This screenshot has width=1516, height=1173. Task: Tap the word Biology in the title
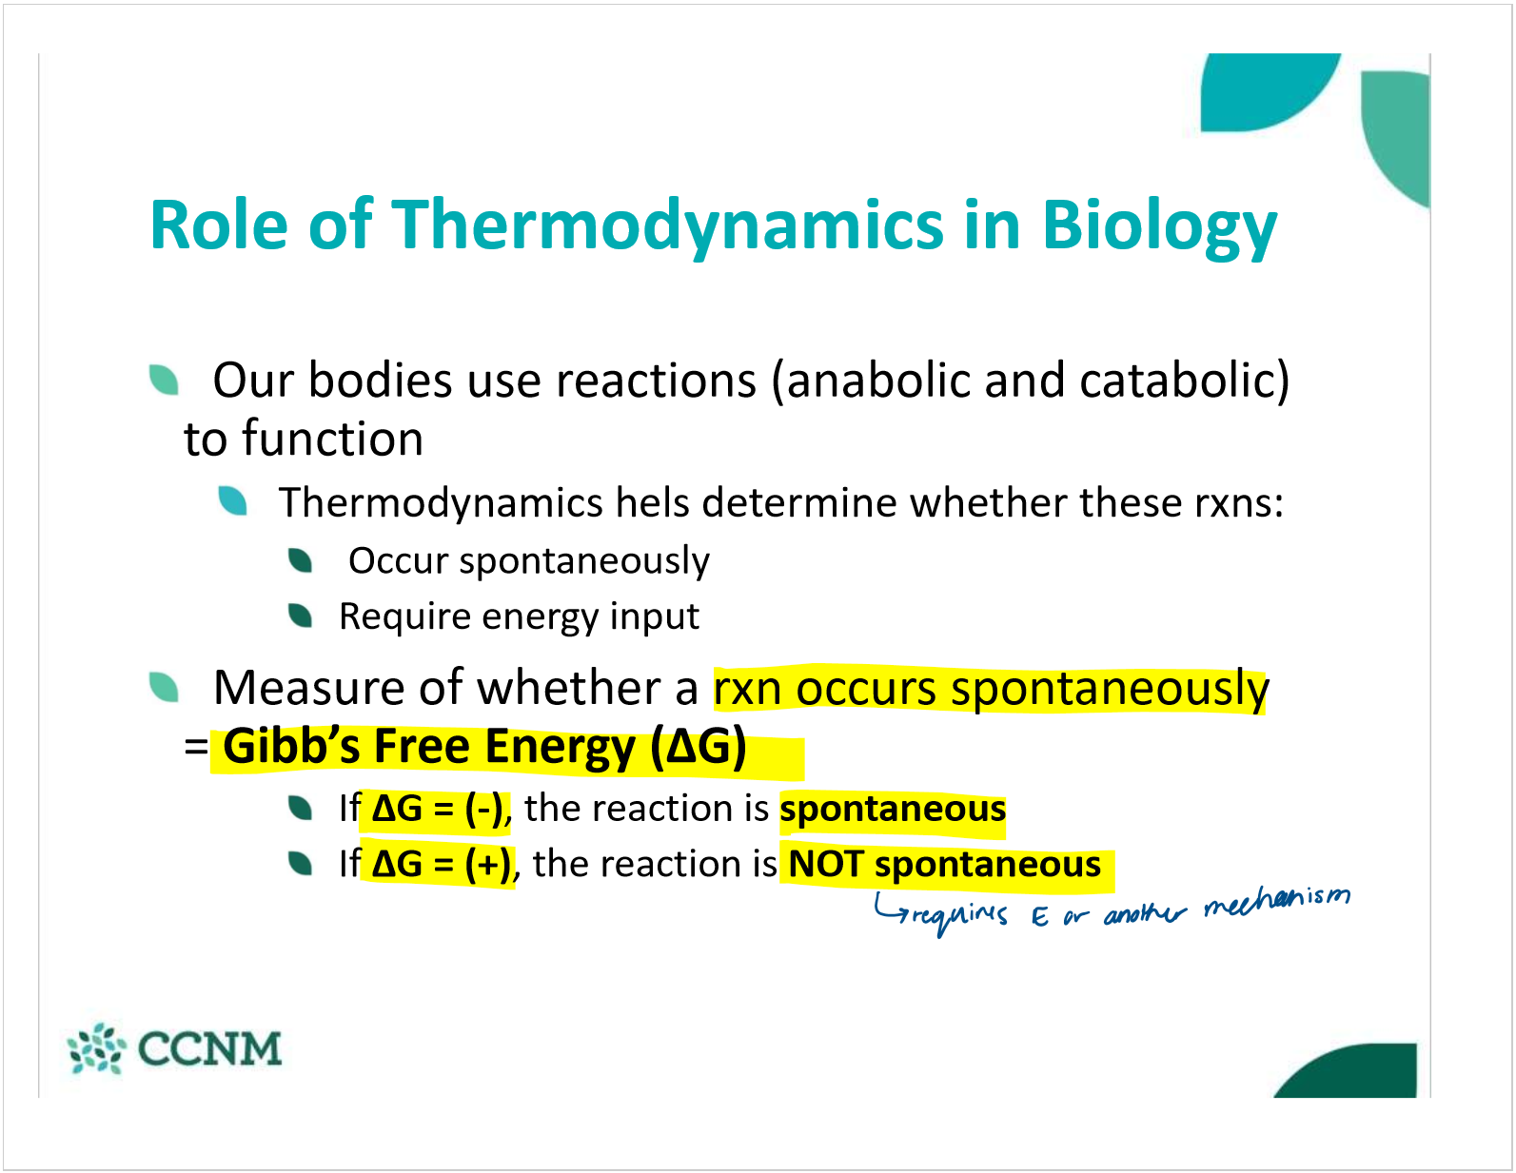click(1159, 226)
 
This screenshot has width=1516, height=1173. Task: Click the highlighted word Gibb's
click(291, 747)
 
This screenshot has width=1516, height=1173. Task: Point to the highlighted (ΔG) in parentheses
click(699, 747)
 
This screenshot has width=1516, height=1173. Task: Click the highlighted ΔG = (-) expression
click(438, 810)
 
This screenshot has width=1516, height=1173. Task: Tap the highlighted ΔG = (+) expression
click(441, 865)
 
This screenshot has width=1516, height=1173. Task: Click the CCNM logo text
click(210, 1048)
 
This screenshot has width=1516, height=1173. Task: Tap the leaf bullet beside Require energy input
click(300, 616)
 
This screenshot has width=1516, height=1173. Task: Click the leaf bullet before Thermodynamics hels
click(232, 500)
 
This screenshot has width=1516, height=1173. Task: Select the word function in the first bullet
click(333, 440)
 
